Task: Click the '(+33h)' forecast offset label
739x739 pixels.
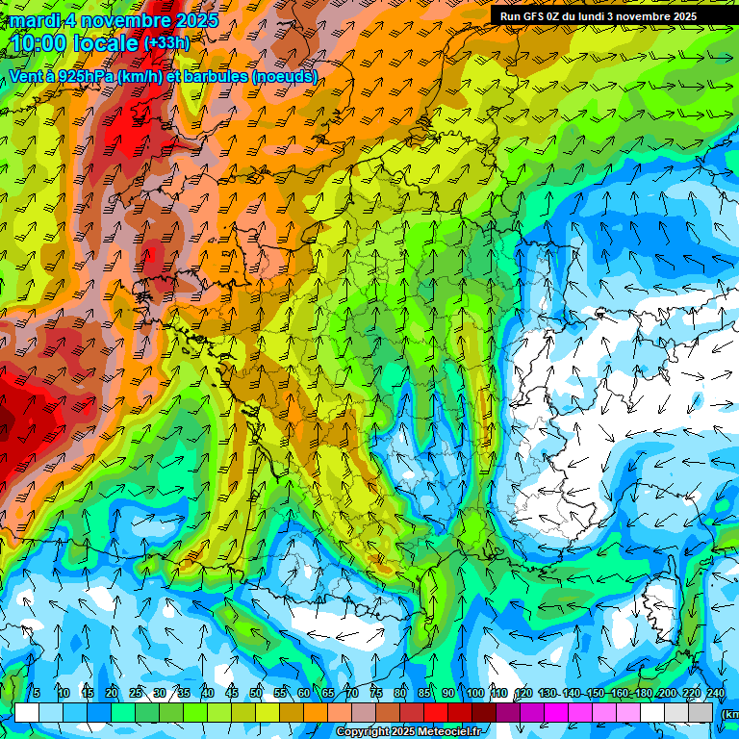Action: [x=166, y=43]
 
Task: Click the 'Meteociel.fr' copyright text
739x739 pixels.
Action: [x=450, y=732]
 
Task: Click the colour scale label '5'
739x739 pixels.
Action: [x=37, y=694]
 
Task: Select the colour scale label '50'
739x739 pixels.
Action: [x=256, y=694]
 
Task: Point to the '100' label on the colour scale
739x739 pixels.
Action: [x=475, y=694]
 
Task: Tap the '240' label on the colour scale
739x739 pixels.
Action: [x=716, y=694]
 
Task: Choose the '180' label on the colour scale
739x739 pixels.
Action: [x=644, y=694]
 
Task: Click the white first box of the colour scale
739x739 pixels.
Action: [x=27, y=712]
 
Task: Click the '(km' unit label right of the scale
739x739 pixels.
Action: [x=730, y=713]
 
